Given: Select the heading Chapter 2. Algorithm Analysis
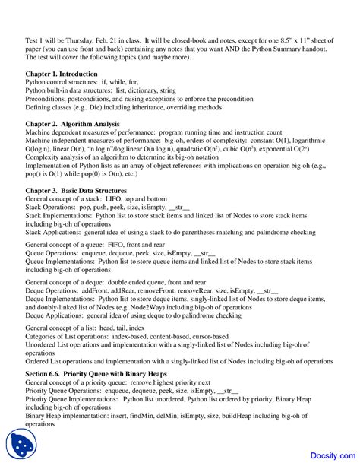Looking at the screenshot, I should click(x=70, y=123).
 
